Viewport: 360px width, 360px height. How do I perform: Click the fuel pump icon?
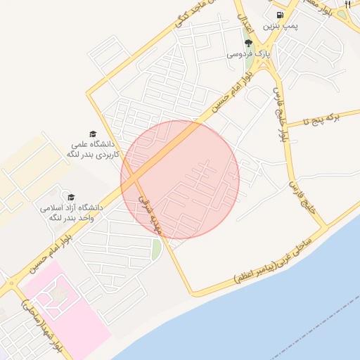coord(281,14)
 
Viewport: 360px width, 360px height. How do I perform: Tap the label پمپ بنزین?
coord(281,26)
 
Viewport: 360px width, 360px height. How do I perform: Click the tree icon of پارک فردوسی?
coord(247,43)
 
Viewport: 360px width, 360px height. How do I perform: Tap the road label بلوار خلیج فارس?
coord(280,112)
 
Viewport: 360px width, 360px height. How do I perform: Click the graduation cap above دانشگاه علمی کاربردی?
coord(93,134)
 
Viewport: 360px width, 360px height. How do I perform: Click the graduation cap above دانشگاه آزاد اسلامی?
coord(71,196)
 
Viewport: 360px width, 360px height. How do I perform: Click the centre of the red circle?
coord(180,179)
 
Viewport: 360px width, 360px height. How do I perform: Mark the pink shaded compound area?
coord(67,309)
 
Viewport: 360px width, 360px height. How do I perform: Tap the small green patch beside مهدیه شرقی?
coord(156,249)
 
